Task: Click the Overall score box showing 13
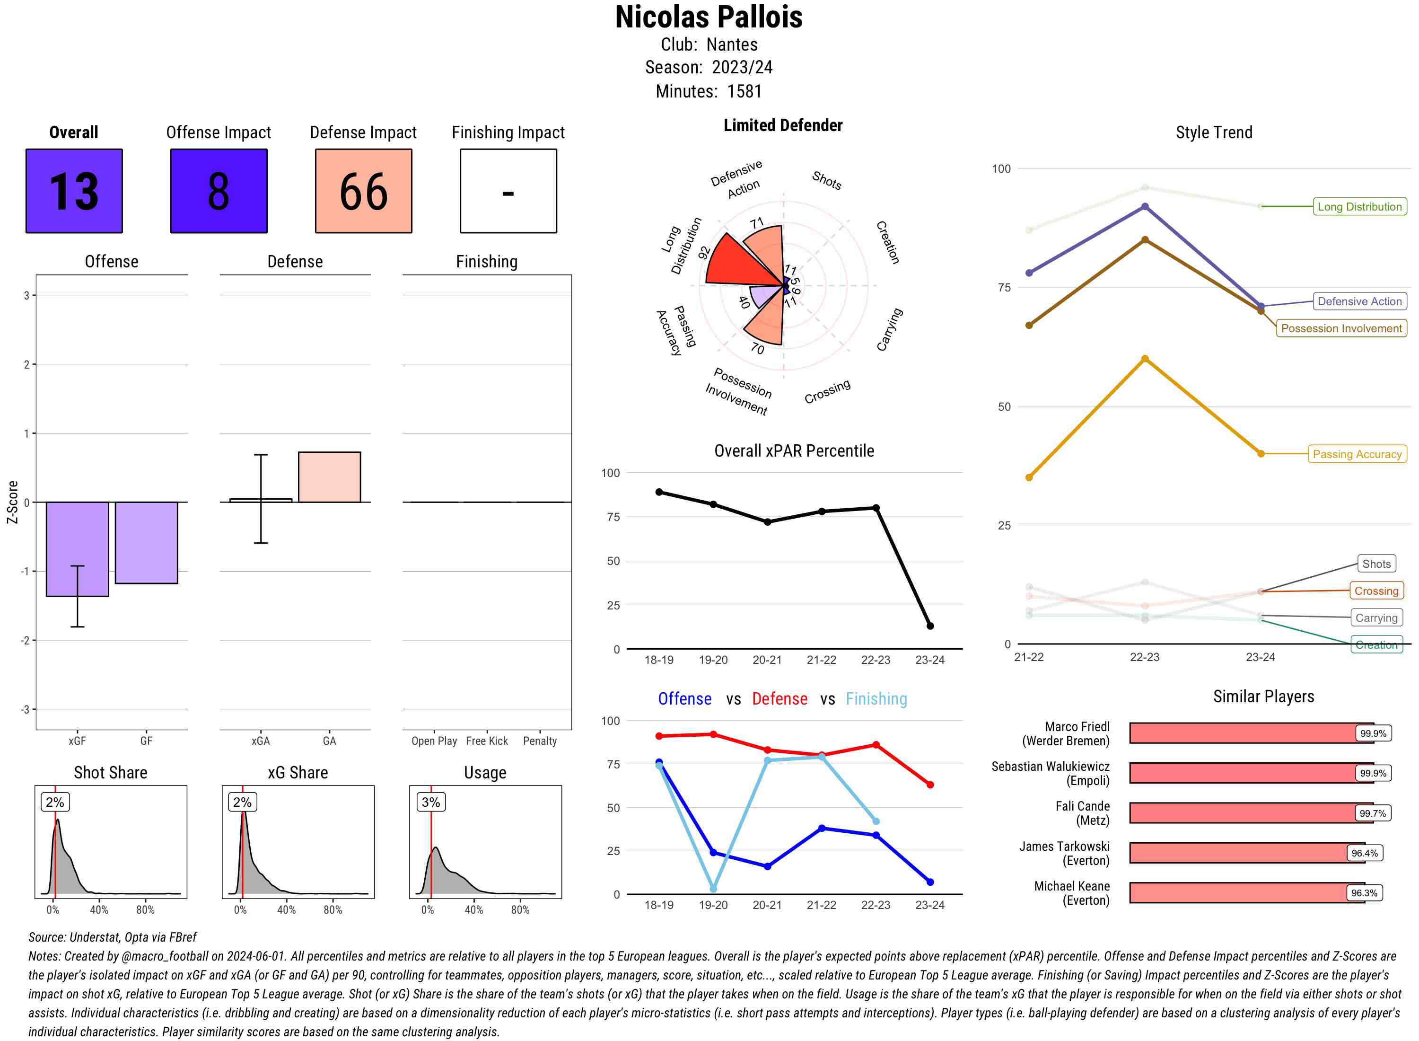(74, 191)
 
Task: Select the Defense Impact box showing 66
(363, 191)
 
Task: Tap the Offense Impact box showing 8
(219, 191)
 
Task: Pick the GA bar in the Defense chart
(329, 477)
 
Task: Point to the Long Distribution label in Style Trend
(1359, 207)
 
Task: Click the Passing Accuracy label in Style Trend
(1357, 454)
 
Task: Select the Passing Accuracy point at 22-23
(1144, 359)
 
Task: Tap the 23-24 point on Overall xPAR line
(929, 626)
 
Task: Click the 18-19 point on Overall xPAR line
(659, 492)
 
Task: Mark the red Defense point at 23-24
(929, 785)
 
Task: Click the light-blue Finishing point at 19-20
(713, 889)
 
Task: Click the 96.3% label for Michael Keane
(1364, 893)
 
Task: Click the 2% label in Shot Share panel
(55, 802)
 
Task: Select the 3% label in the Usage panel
(431, 802)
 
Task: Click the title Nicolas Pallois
(709, 17)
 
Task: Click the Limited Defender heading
(782, 125)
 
